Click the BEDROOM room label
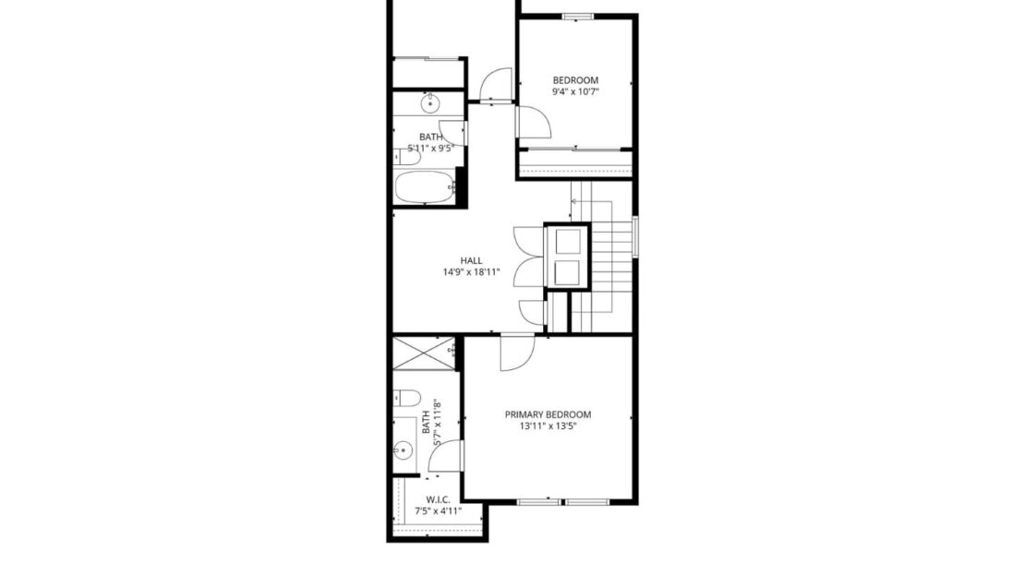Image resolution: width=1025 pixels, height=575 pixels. click(x=575, y=79)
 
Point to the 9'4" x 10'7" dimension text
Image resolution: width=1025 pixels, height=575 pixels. click(x=575, y=92)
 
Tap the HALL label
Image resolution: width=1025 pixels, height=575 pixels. click(x=471, y=260)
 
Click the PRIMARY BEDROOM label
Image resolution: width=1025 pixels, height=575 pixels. click(x=548, y=414)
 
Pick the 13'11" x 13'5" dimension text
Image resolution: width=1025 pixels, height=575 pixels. click(x=548, y=426)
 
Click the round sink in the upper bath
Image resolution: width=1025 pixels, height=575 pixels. click(x=429, y=104)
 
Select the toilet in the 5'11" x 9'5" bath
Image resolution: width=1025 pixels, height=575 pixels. click(x=406, y=157)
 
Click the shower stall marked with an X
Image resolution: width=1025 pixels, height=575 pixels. click(x=424, y=354)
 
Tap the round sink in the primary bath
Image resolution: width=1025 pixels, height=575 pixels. click(x=403, y=451)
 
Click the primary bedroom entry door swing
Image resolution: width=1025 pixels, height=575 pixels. click(x=515, y=353)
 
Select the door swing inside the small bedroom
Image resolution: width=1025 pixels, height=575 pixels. click(x=531, y=123)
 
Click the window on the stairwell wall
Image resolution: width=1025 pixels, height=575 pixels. click(x=635, y=236)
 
